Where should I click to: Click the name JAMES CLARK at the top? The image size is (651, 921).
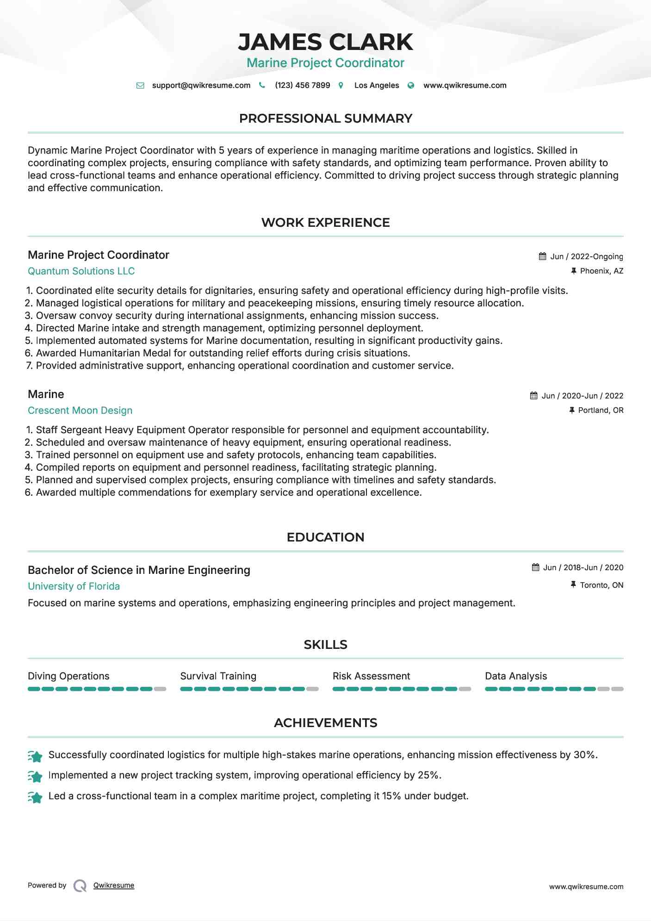(325, 42)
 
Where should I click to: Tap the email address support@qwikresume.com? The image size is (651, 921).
(201, 85)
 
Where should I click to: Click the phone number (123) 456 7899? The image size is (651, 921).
(302, 85)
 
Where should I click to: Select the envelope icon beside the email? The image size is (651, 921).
(140, 86)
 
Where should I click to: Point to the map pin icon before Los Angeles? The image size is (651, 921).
(341, 86)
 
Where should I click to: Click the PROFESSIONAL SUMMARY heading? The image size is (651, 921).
(325, 118)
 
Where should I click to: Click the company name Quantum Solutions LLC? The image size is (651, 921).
(81, 271)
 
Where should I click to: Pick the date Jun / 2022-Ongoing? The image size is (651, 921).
(586, 256)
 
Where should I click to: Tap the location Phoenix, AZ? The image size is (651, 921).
(601, 271)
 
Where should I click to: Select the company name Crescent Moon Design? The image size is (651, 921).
(80, 411)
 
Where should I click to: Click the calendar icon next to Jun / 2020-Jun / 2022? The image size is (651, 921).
(533, 396)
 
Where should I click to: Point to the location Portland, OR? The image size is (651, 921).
(601, 411)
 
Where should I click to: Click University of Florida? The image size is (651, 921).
(74, 586)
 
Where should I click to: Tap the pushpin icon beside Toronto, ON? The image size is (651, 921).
(573, 585)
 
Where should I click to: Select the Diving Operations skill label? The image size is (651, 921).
(68, 676)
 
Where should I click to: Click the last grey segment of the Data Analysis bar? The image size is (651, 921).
(617, 689)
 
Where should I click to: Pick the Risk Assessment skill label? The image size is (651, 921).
(371, 676)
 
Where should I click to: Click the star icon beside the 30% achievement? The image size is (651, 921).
(35, 756)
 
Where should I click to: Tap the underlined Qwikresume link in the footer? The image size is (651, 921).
(114, 885)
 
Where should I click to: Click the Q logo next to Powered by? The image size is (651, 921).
(80, 886)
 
